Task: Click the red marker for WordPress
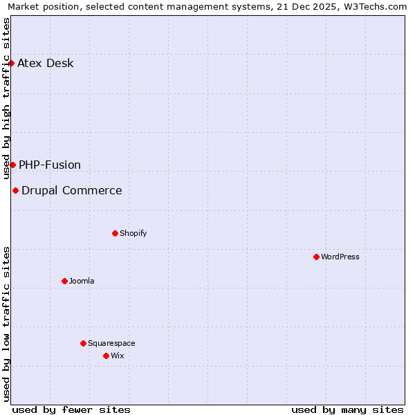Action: (316, 257)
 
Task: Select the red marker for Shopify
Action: (115, 233)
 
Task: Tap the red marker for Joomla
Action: (64, 281)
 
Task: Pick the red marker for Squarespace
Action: (83, 343)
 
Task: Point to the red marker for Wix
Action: (106, 356)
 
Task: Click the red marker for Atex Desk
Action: (11, 63)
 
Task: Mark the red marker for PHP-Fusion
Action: (12, 165)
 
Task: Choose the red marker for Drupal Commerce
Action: (15, 190)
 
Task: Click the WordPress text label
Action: (340, 257)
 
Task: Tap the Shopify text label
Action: (133, 233)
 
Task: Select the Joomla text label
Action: (82, 281)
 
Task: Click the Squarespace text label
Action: (111, 343)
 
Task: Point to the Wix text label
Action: (117, 356)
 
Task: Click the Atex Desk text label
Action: (46, 64)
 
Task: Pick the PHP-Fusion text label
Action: (50, 165)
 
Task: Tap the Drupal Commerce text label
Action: (72, 190)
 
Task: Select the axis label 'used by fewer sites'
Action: (71, 409)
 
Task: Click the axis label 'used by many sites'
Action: (347, 409)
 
